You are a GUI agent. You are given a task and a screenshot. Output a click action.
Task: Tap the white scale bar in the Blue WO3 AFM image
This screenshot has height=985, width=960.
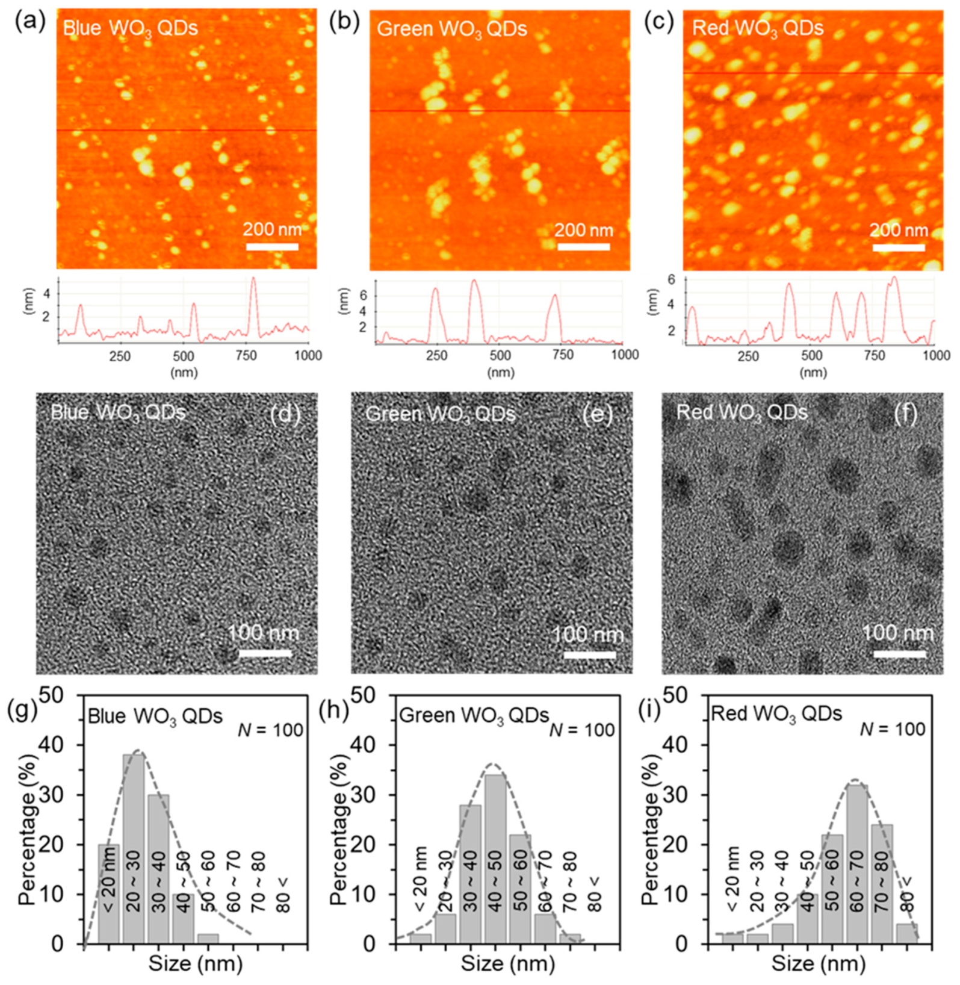(272, 247)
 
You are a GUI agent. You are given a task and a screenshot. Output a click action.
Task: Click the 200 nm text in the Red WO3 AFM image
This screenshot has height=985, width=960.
(899, 230)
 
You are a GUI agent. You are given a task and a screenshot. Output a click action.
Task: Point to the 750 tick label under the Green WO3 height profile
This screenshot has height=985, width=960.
(563, 355)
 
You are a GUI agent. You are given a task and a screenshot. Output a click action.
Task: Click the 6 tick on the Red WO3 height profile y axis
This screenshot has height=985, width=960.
(671, 279)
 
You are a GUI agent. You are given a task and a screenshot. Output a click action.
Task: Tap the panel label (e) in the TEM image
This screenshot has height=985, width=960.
(598, 415)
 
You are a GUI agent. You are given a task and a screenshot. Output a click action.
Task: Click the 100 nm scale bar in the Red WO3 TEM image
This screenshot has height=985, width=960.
(899, 654)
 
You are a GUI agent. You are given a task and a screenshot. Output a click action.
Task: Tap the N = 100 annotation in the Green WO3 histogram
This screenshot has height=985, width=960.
(582, 730)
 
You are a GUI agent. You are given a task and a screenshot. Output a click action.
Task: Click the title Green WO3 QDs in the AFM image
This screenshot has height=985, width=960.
(452, 29)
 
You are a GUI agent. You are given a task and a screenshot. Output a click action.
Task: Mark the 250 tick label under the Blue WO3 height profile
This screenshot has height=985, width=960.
(120, 355)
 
